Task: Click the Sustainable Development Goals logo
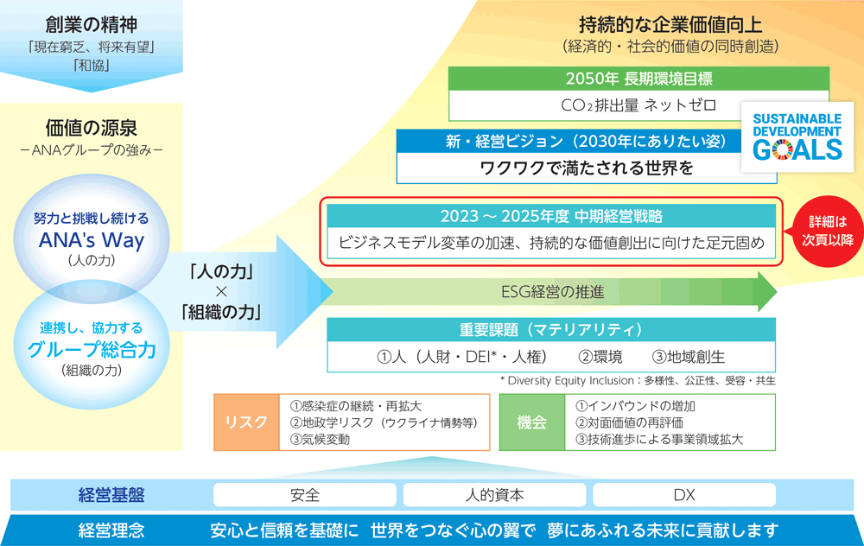pyautogui.click(x=797, y=136)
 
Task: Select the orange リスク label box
pyautogui.click(x=246, y=422)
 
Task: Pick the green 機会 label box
pyautogui.click(x=532, y=422)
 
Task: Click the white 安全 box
pyautogui.click(x=305, y=495)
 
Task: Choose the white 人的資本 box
pyautogui.click(x=494, y=495)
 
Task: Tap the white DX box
pyautogui.click(x=684, y=495)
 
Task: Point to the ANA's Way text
pyautogui.click(x=92, y=240)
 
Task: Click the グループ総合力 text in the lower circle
pyautogui.click(x=92, y=349)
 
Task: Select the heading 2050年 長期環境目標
pyautogui.click(x=639, y=79)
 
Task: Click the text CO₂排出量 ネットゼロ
pyautogui.click(x=638, y=105)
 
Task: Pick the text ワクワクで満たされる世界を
pyautogui.click(x=587, y=168)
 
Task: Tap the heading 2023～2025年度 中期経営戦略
pyautogui.click(x=551, y=216)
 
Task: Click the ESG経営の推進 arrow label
pyautogui.click(x=553, y=291)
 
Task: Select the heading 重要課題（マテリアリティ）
pyautogui.click(x=551, y=329)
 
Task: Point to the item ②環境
pyautogui.click(x=600, y=357)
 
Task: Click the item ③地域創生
pyautogui.click(x=689, y=357)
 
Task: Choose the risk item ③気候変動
pyautogui.click(x=321, y=439)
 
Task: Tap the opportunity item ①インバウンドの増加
pyautogui.click(x=635, y=406)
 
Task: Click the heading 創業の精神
pyautogui.click(x=92, y=25)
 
